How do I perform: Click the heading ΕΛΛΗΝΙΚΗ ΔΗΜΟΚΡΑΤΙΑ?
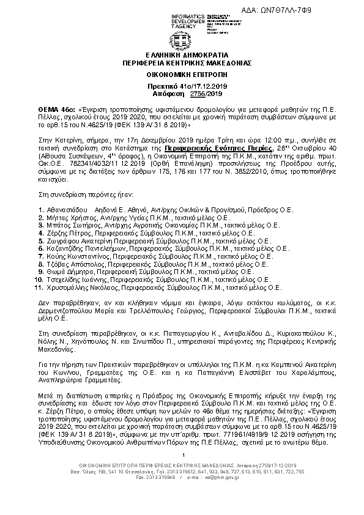pyautogui.click(x=182, y=54)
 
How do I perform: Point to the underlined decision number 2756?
pyautogui.click(x=182, y=94)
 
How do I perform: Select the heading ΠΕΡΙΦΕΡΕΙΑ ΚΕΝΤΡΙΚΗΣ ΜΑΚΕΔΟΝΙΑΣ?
pyautogui.click(x=182, y=62)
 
